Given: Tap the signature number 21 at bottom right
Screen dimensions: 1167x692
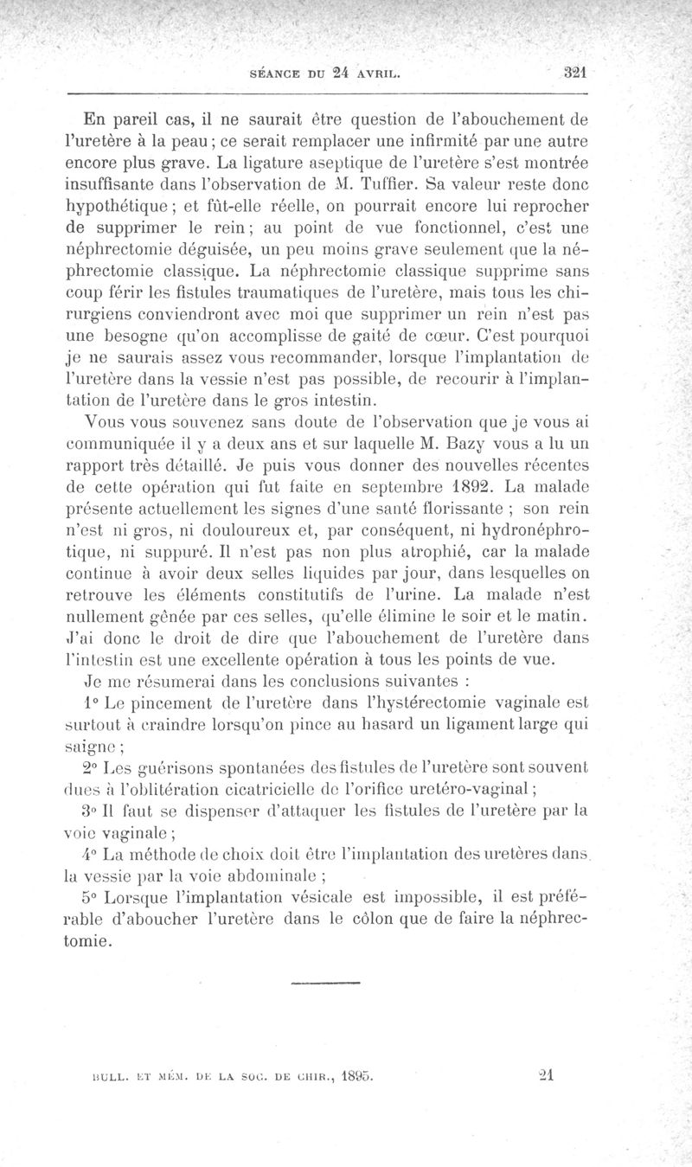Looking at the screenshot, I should (546, 1076).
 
